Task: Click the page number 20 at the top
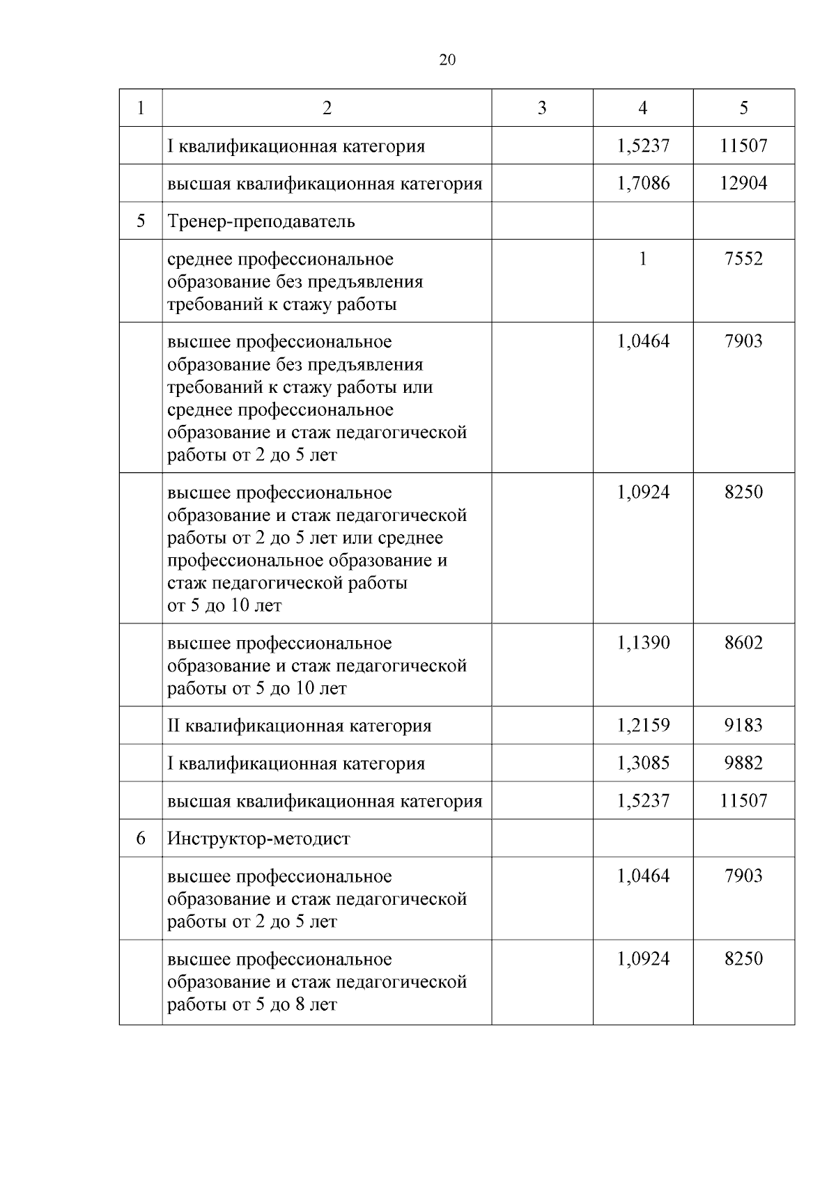pos(447,61)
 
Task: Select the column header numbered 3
pos(542,108)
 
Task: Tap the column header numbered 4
pos(642,108)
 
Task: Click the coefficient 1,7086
pos(643,183)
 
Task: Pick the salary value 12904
pos(743,183)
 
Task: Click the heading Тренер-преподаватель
pos(261,221)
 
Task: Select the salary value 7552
pos(743,259)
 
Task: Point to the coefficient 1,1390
pos(643,643)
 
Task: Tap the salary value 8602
pos(743,643)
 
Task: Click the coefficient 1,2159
pos(643,726)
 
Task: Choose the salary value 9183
pos(743,726)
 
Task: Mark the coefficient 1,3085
pos(643,763)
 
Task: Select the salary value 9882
pos(743,763)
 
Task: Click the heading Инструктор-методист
pos(258,839)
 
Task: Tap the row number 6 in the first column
pos(141,839)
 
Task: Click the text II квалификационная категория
pos(299,726)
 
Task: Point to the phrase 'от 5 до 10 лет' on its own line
pos(224,606)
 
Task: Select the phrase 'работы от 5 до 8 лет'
pos(252,1005)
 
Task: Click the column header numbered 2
pos(327,108)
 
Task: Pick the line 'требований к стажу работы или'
pos(300,387)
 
